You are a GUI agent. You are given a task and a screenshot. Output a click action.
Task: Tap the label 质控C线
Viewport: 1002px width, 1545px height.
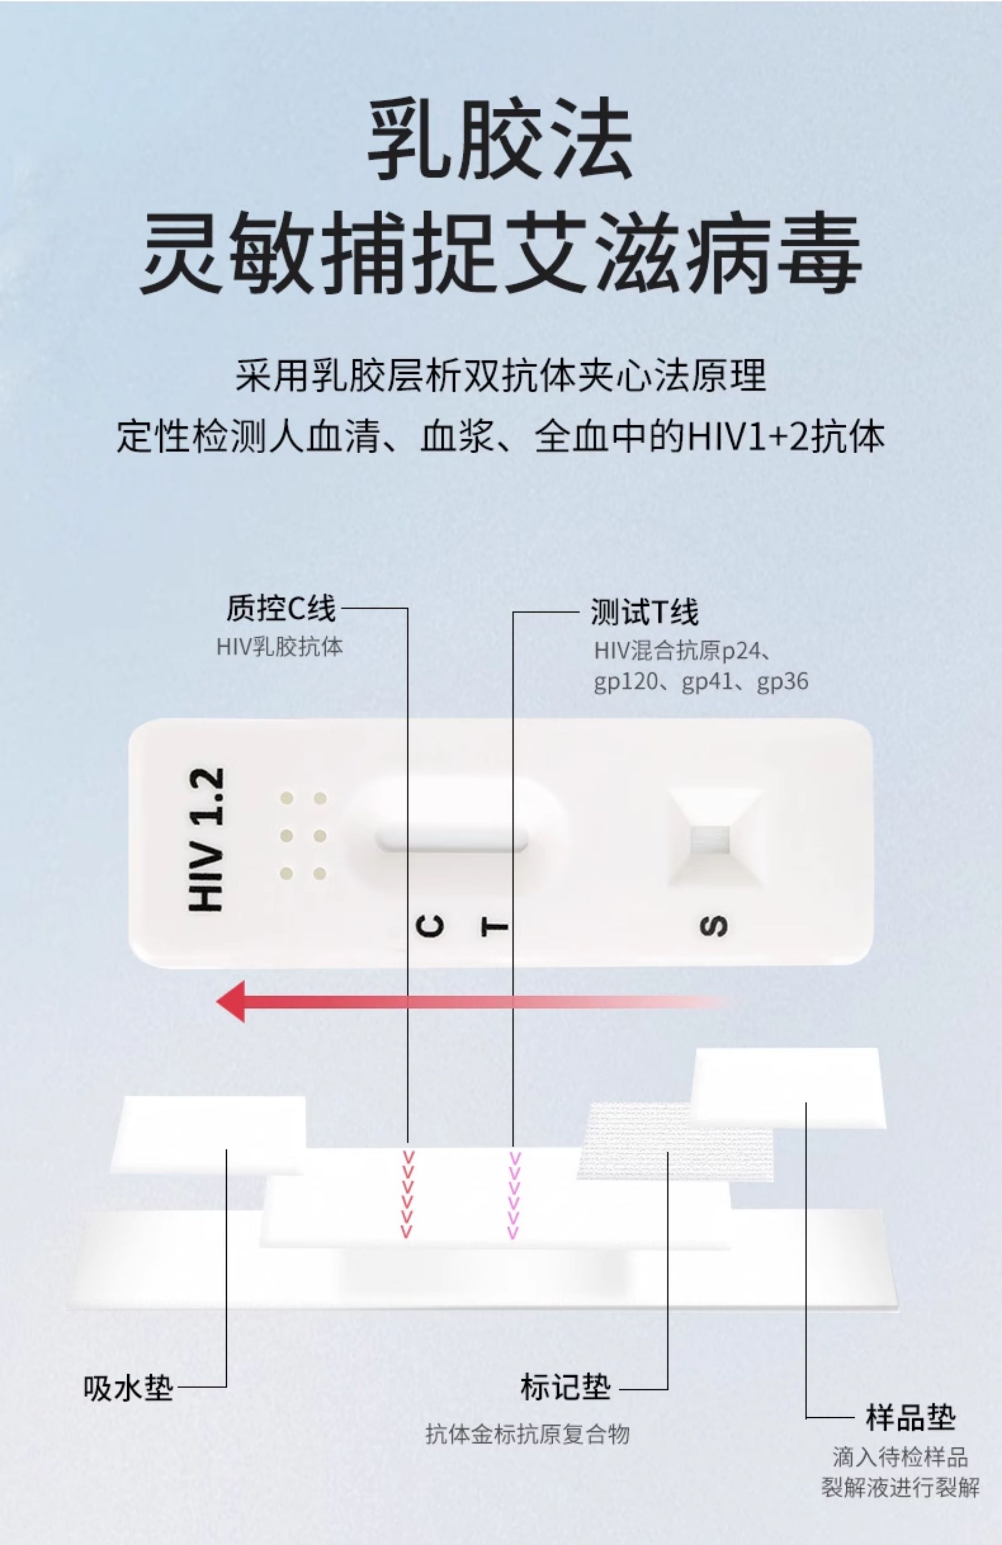[280, 609]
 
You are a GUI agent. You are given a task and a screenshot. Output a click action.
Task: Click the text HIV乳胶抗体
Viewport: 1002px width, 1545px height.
[279, 647]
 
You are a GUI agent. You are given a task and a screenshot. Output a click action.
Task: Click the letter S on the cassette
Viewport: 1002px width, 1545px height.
[714, 926]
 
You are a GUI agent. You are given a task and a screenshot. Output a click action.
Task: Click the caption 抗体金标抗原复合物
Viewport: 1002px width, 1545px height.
[527, 1433]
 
